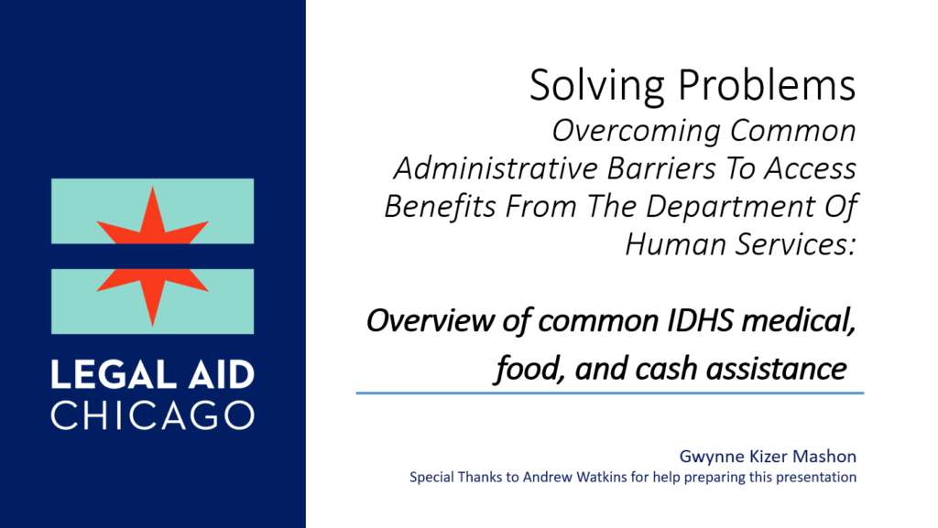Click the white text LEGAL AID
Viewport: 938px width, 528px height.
pyautogui.click(x=152, y=375)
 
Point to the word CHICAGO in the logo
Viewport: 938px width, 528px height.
pyautogui.click(x=152, y=414)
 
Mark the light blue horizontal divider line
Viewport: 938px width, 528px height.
pyautogui.click(x=610, y=393)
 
